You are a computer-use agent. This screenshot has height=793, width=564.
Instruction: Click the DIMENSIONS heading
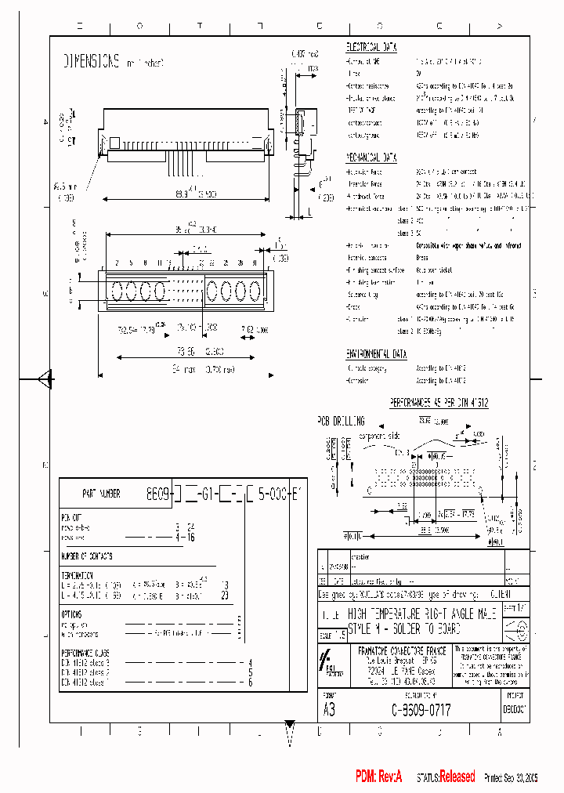(x=91, y=60)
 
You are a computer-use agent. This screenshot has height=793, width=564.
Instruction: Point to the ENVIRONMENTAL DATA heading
(x=377, y=354)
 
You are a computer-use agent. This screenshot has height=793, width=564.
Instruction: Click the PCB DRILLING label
(x=341, y=421)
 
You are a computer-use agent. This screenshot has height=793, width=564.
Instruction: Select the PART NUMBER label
(x=101, y=494)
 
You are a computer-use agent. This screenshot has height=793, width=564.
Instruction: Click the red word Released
(x=457, y=777)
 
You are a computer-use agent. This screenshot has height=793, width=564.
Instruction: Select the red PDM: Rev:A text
(x=378, y=777)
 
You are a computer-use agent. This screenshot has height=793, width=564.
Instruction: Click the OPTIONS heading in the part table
(x=71, y=615)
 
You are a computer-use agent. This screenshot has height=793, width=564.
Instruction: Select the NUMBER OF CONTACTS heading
(x=86, y=556)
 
